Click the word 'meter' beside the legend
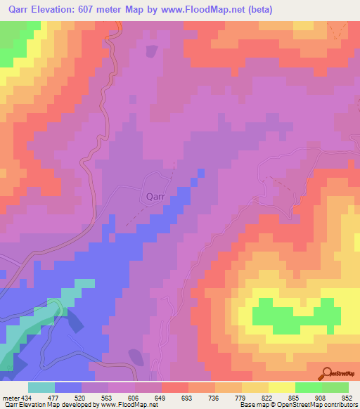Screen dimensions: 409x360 click(x=11, y=397)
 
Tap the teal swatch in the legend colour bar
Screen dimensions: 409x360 click(x=41, y=387)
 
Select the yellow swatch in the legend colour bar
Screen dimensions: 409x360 click(x=281, y=387)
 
